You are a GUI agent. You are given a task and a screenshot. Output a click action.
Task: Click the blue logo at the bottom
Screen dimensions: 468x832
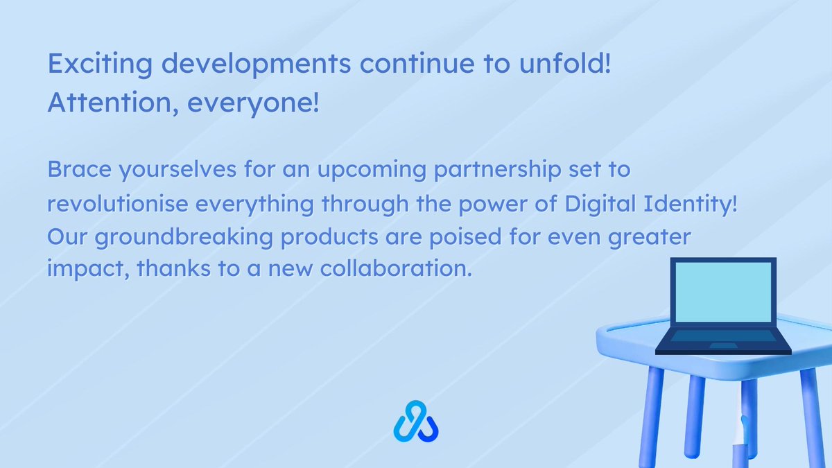tap(416, 422)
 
